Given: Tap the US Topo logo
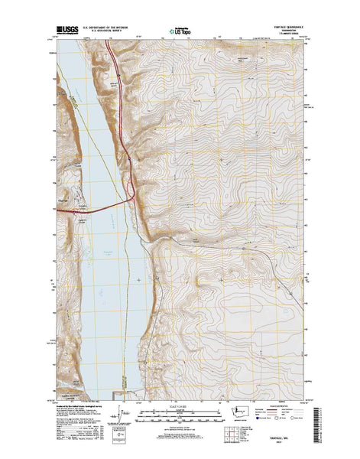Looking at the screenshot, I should click(x=180, y=33).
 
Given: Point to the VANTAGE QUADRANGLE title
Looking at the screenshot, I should click(x=284, y=28).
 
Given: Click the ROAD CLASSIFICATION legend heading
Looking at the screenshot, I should click(x=288, y=404).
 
